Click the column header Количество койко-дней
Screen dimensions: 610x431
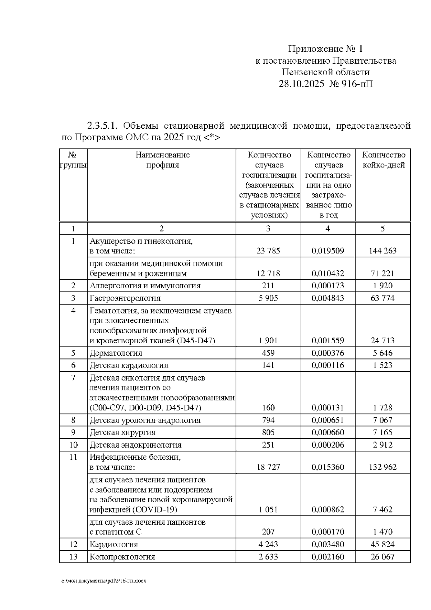pos(383,160)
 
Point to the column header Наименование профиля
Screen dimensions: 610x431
pos(162,160)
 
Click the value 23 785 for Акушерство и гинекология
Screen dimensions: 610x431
pos(268,251)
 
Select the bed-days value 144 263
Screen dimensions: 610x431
pos(383,251)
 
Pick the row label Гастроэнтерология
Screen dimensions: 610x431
pos(125,298)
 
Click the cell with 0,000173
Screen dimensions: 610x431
pos(328,286)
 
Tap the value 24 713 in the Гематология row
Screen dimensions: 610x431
pos(383,340)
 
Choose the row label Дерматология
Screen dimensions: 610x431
pos(116,353)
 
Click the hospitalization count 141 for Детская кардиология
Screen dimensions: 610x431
pos(268,365)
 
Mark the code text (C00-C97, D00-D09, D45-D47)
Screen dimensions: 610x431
pos(145,408)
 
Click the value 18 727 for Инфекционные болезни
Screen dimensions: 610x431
pos(268,467)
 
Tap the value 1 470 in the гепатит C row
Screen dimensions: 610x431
pos(383,532)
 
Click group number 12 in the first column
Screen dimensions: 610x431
pos(73,544)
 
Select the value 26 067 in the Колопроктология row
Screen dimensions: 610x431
pos(383,557)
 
